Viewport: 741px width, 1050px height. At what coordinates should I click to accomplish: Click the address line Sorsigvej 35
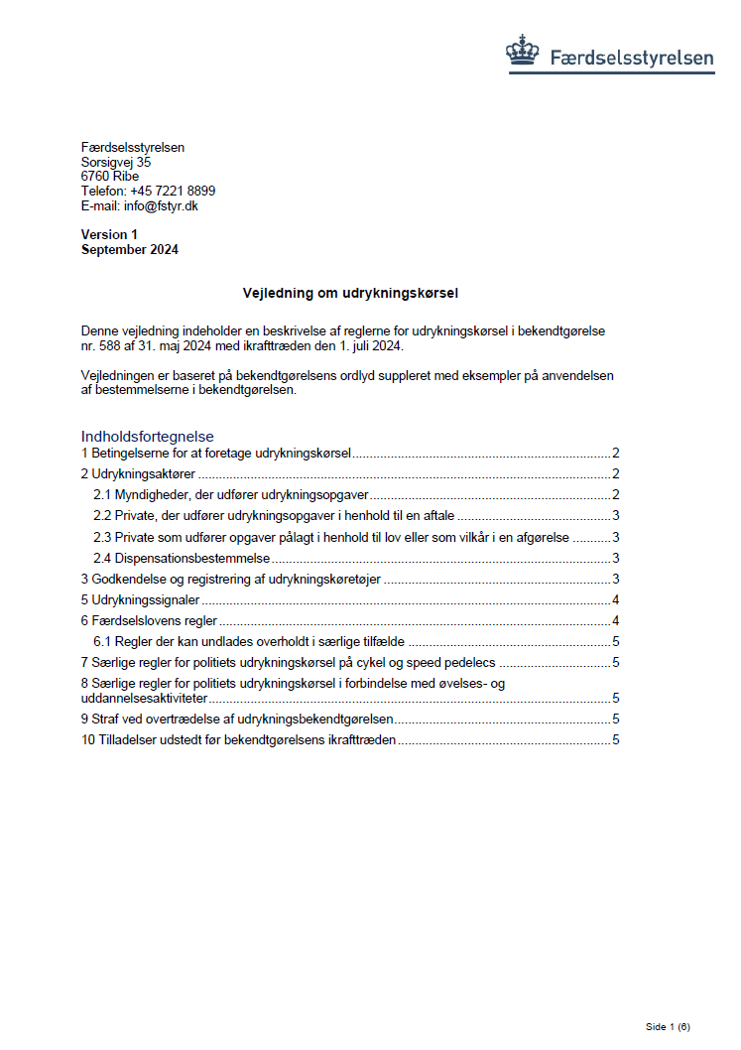116,162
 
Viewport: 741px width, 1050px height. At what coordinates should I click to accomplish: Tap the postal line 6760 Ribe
109,177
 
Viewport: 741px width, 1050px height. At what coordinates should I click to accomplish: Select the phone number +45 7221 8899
173,191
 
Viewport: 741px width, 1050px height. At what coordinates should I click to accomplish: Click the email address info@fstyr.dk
161,205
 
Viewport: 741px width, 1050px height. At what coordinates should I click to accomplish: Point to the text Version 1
109,234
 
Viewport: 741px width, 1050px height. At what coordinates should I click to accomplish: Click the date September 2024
130,250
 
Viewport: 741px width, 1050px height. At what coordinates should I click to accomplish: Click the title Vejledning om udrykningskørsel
350,294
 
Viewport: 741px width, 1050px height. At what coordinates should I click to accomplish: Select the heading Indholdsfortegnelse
148,437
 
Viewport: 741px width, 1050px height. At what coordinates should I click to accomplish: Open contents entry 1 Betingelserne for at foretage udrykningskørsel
216,454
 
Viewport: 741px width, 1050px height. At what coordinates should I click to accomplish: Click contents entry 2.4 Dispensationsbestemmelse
183,559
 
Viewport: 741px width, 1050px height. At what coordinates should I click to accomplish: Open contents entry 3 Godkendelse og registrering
231,580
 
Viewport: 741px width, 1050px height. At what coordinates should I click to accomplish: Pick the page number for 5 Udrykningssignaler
616,599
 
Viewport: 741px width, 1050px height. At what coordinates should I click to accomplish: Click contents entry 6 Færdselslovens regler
149,620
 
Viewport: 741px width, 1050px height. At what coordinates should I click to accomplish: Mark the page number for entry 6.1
616,641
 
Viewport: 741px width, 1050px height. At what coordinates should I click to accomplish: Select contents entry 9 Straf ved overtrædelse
238,719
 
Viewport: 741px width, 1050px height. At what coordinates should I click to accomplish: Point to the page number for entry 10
616,739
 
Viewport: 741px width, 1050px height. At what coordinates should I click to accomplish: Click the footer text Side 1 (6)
667,1026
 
